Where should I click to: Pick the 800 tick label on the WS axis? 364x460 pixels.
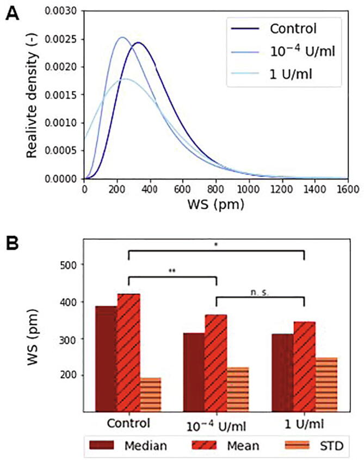(216, 189)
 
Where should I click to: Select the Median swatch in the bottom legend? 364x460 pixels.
(103, 445)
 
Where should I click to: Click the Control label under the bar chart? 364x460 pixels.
(128, 422)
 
